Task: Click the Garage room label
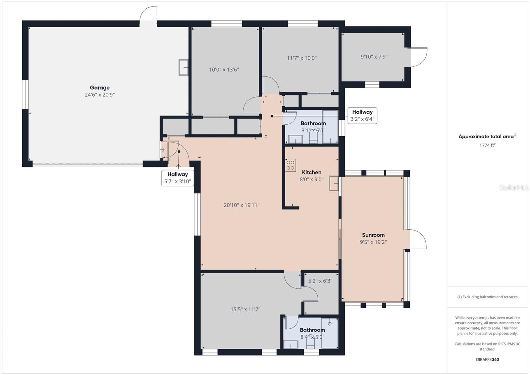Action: (99, 88)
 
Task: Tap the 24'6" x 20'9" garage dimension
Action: (99, 95)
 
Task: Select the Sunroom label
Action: (373, 235)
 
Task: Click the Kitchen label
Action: (311, 172)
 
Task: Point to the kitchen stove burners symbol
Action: (291, 165)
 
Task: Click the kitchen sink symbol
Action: (334, 183)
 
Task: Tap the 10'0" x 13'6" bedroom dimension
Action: (224, 70)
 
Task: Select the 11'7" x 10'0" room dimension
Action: (301, 58)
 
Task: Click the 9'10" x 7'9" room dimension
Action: (374, 57)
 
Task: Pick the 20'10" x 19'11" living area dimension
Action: (241, 205)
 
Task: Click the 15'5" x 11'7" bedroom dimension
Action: (245, 309)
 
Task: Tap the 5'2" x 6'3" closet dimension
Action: (320, 281)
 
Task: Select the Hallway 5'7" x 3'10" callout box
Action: (178, 178)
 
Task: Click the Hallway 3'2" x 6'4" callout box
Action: (362, 115)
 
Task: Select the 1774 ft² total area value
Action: (487, 145)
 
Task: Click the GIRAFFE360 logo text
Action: (487, 359)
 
